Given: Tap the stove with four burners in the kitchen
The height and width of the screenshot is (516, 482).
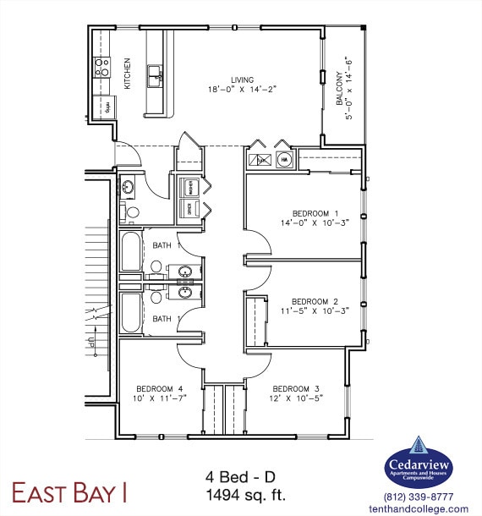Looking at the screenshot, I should pyautogui.click(x=102, y=67).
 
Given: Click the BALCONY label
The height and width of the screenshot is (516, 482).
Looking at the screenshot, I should pyautogui.click(x=340, y=86).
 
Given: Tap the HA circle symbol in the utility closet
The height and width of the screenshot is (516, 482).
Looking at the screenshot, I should pyautogui.click(x=284, y=159).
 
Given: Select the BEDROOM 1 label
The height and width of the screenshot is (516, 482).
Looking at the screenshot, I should pyautogui.click(x=315, y=213).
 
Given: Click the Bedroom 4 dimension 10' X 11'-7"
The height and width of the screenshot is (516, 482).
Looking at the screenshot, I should pyautogui.click(x=159, y=398).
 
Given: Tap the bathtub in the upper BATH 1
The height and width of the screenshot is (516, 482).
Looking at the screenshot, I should pyautogui.click(x=131, y=251).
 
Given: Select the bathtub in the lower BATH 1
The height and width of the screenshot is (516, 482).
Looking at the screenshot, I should pyautogui.click(x=131, y=312).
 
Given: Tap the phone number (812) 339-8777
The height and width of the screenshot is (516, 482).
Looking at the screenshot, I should pyautogui.click(x=419, y=497).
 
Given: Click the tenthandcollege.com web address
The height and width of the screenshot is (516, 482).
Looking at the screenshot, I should pyautogui.click(x=419, y=509).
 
